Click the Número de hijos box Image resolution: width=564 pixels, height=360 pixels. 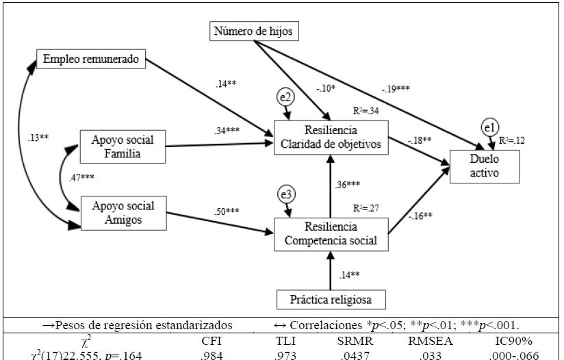[255, 32]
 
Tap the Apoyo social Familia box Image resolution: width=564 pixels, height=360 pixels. [123, 146]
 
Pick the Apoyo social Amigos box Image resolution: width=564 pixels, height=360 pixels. [123, 213]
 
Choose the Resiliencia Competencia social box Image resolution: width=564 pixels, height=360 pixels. [331, 233]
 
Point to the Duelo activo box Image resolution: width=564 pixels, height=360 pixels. [484, 166]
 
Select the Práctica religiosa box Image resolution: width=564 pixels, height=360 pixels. [331, 299]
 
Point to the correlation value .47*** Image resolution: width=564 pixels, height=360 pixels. [82, 178]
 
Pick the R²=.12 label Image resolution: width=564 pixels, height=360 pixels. [512, 140]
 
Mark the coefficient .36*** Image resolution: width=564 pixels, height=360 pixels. [349, 185]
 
